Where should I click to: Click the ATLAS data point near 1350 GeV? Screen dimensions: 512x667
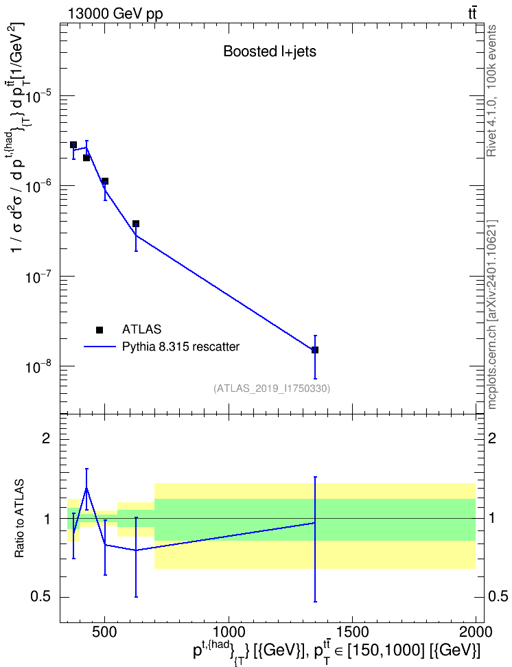point(315,350)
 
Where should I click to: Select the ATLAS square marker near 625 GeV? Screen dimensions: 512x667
point(136,224)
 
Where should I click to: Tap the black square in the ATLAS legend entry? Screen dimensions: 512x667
point(100,329)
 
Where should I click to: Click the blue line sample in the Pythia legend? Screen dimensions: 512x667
point(100,347)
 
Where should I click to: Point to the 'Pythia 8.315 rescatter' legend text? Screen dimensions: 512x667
point(181,347)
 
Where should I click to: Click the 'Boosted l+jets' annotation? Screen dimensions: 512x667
point(270,51)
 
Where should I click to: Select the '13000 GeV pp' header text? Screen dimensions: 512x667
point(115,14)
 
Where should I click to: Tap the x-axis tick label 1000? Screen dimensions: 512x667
point(229,632)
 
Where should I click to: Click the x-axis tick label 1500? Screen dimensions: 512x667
point(352,632)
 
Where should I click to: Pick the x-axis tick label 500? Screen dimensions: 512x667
point(105,632)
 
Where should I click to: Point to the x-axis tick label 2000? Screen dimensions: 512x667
point(476,632)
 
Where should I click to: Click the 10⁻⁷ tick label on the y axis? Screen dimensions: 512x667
point(37,277)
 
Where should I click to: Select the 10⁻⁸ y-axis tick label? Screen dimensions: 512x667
point(37,366)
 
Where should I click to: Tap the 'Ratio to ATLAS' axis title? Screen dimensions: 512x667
point(19,518)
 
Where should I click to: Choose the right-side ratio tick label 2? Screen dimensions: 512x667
point(492,438)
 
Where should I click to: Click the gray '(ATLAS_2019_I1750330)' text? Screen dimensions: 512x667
point(272,388)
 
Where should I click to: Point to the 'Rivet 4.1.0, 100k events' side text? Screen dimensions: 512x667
point(491,91)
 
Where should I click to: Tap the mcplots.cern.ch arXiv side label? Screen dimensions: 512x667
point(492,314)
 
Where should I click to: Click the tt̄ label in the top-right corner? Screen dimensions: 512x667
point(472,14)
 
